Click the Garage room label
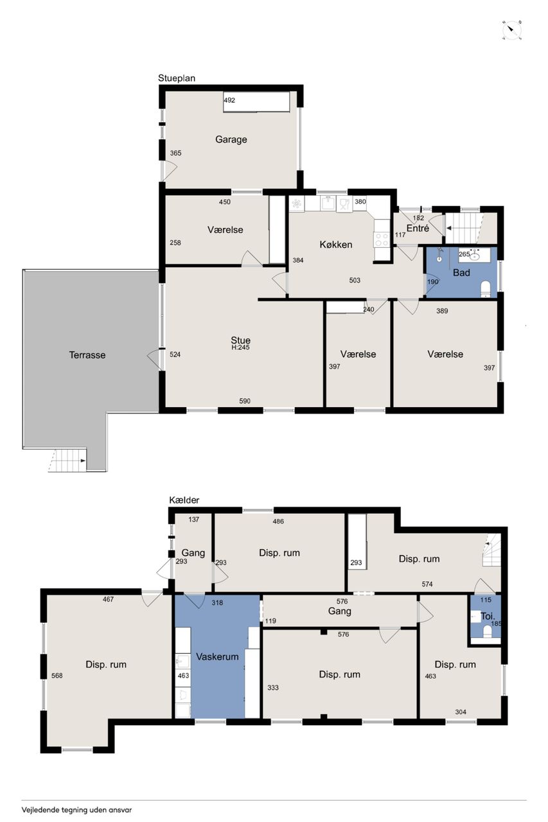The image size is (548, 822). [x=231, y=139]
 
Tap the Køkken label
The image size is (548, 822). [x=336, y=245]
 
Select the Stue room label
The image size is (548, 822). [x=240, y=340]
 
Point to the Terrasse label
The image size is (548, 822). [x=87, y=355]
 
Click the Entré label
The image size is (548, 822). [x=418, y=228]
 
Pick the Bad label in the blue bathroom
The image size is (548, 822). [x=461, y=273]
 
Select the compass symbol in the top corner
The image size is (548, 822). [x=512, y=30]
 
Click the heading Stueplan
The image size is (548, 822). [x=177, y=78]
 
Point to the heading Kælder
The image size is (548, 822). [x=184, y=500]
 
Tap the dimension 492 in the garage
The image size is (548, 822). [x=229, y=100]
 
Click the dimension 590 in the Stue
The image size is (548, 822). [x=245, y=401]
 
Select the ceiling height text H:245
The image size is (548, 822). [x=240, y=347]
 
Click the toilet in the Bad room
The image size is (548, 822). [x=485, y=288]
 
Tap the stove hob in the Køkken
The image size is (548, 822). [x=382, y=240]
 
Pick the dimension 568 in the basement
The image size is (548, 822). [x=57, y=676]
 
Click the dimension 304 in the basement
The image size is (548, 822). [x=461, y=712]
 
